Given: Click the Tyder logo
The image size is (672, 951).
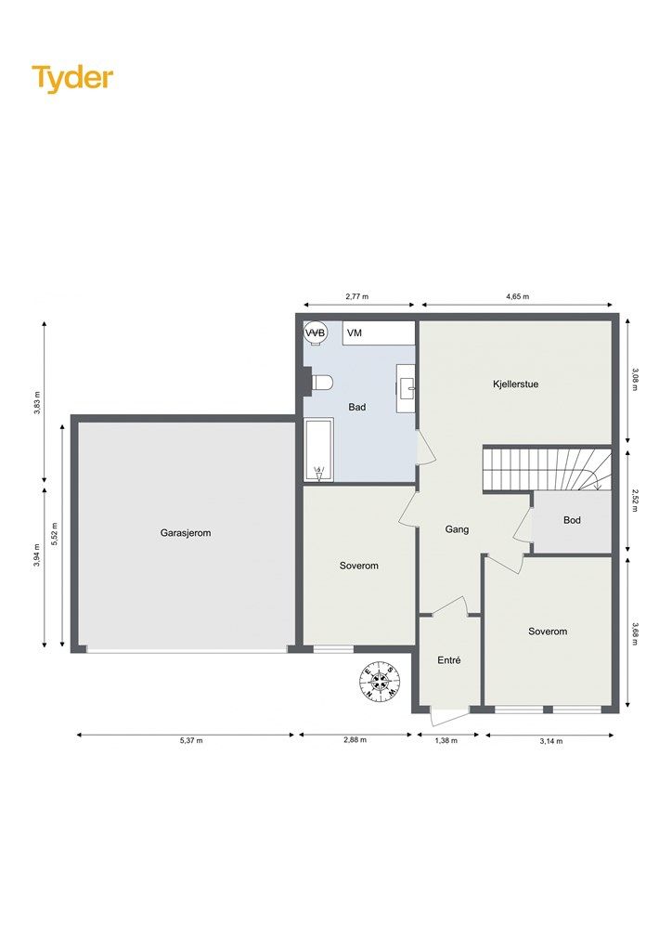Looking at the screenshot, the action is point(72,79).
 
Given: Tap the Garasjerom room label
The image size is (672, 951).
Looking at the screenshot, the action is point(186,533).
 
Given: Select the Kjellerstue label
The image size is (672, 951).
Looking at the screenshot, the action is point(516,384).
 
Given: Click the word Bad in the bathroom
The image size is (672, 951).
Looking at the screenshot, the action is point(357,407).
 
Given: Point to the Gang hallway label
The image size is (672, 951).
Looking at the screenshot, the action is point(457,529).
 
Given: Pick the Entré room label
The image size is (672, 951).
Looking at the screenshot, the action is point(449,660).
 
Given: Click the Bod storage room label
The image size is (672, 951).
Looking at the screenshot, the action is point(572,520).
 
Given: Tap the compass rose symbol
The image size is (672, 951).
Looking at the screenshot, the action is point(380,682).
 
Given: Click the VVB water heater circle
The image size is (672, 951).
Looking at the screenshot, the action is point(315,333).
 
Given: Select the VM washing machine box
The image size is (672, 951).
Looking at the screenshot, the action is point(379,333).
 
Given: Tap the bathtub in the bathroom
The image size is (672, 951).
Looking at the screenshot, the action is point(318,449).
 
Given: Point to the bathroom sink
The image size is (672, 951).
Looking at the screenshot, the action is point(406,388).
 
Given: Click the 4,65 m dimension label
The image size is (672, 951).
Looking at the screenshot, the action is point(518,296).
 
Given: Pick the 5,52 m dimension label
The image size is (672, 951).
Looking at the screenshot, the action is point(55,534).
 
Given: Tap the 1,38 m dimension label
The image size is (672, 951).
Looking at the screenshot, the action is point(446,740).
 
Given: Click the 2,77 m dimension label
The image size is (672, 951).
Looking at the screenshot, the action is point(357,296).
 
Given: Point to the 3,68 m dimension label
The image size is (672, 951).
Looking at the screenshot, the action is point(634,633).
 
